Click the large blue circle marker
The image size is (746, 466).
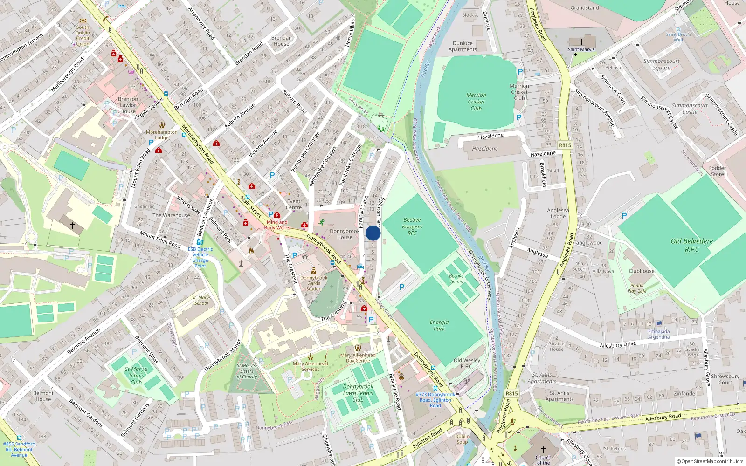tap(373, 233)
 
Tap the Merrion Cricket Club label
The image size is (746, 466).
tap(476, 102)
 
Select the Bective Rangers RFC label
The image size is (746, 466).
tap(412, 226)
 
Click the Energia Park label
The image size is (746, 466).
tap(439, 325)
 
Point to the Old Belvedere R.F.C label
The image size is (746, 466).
tap(692, 245)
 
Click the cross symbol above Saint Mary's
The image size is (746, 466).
tap(581, 42)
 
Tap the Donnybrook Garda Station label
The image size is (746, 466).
tap(314, 283)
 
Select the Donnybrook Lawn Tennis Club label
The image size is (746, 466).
tap(358, 393)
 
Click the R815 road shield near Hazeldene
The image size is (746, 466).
tap(565, 145)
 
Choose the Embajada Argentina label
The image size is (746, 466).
tap(659, 334)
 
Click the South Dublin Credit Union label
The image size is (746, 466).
tap(83, 35)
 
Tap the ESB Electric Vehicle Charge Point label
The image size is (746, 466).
tap(200, 257)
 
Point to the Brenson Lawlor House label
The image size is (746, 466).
tap(128, 105)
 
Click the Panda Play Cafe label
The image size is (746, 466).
tap(637, 288)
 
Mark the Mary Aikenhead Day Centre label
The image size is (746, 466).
tap(358, 358)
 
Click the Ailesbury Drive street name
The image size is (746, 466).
tap(618, 344)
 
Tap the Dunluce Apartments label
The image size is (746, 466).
tap(463, 46)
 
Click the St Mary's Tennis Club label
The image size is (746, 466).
tap(136, 376)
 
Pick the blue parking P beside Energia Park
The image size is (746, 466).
tap(402, 287)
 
